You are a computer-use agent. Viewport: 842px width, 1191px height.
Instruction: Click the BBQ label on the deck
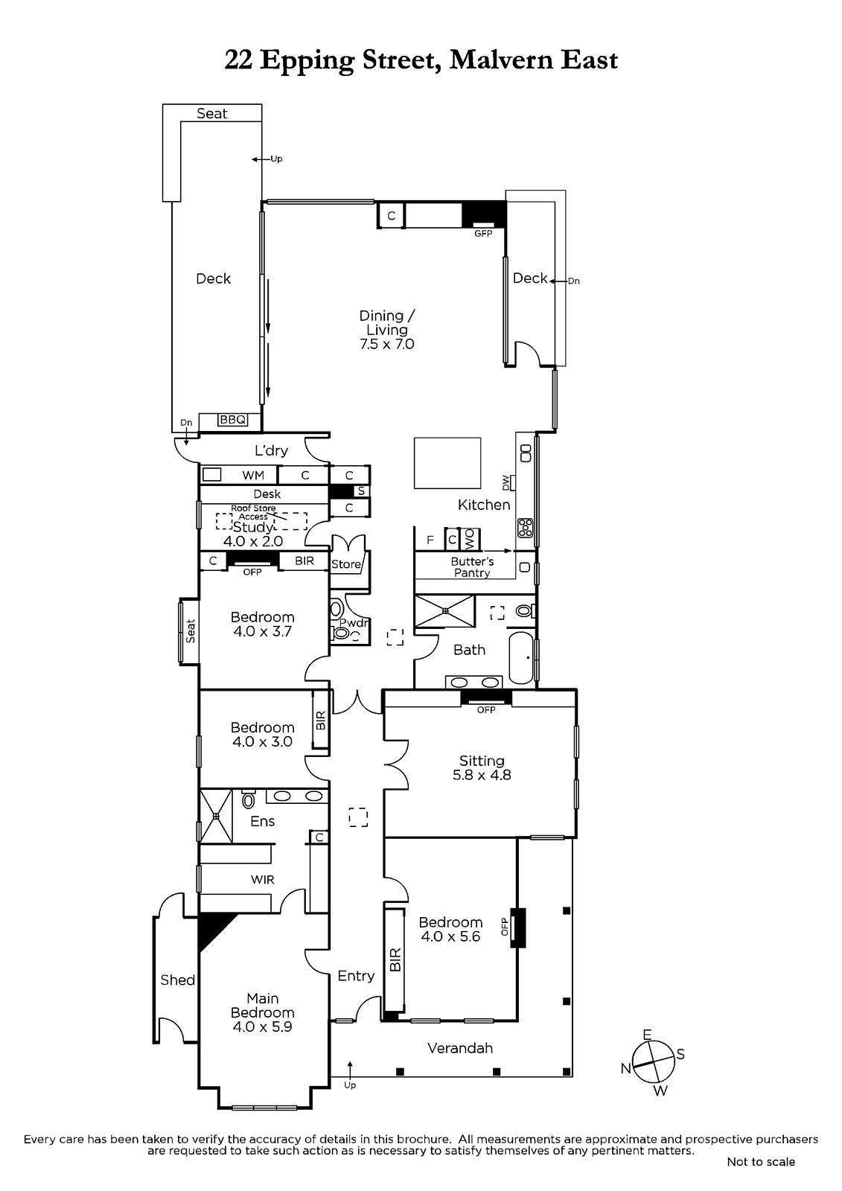(233, 420)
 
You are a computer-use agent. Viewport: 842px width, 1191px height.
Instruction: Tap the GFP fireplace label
(483, 234)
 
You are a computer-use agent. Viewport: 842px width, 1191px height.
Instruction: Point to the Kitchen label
(484, 505)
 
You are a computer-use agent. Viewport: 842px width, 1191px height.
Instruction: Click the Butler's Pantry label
(472, 566)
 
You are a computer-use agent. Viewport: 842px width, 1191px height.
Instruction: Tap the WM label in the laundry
(253, 476)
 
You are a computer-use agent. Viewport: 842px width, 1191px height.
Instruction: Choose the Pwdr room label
(354, 622)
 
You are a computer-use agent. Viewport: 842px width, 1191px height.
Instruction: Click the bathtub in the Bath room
(520, 658)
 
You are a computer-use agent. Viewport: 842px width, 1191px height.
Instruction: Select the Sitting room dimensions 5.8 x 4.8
(482, 775)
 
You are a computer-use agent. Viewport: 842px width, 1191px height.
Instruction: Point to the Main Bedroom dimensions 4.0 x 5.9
(263, 1026)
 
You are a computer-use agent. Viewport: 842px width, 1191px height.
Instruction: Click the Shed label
(178, 980)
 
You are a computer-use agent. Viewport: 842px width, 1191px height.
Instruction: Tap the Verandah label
(460, 1048)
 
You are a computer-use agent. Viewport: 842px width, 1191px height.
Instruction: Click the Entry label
(356, 976)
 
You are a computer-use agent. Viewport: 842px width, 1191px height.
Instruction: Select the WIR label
(263, 880)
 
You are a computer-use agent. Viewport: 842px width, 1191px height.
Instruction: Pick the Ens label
(263, 822)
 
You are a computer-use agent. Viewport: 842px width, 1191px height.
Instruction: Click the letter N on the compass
(625, 1068)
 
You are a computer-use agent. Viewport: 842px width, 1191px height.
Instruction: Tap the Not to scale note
(761, 1162)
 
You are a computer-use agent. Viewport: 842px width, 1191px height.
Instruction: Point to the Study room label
(253, 527)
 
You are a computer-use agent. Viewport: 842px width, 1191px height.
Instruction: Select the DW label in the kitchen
(505, 482)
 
